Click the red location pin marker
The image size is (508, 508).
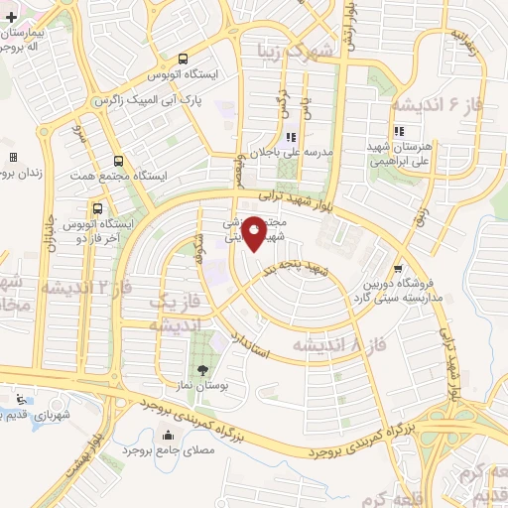pyautogui.click(x=254, y=234)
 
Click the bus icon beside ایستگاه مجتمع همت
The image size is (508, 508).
pyautogui.click(x=119, y=162)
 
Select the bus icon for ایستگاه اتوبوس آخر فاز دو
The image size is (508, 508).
pyautogui.click(x=97, y=209)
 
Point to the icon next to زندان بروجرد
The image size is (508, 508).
pyautogui.click(x=13, y=157)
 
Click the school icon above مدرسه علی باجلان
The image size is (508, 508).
pyautogui.click(x=291, y=138)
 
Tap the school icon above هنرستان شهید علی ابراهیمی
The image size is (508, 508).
pyautogui.click(x=398, y=131)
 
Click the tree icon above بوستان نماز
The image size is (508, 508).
pyautogui.click(x=217, y=371)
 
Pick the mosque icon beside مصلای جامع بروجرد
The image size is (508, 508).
pyautogui.click(x=166, y=437)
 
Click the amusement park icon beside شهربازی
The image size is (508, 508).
pyautogui.click(x=21, y=400)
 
